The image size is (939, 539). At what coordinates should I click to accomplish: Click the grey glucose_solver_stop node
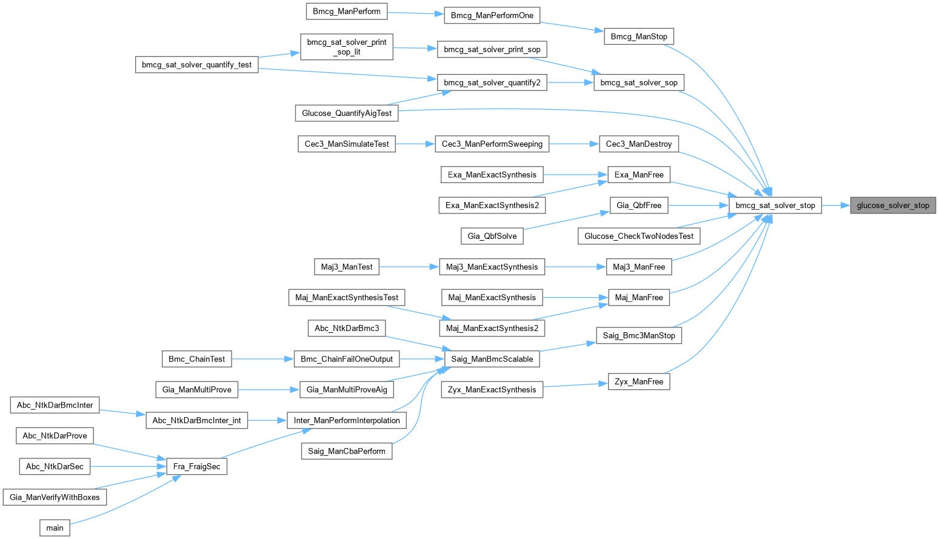pos(893,206)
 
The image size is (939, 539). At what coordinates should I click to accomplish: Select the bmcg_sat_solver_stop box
pos(775,206)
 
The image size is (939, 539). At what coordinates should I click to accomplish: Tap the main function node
pos(55,528)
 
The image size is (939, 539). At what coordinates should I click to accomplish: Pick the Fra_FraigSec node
pos(196,466)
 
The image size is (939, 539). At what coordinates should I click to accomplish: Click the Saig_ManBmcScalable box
pos(492,359)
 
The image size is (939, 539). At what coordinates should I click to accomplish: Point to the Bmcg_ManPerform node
pos(347,12)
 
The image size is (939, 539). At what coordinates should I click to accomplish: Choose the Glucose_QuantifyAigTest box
pos(347,113)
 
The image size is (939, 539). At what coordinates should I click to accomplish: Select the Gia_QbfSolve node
pos(492,236)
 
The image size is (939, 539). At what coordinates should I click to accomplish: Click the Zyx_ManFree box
pos(639,381)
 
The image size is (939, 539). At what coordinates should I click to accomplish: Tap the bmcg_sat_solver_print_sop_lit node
pos(347,47)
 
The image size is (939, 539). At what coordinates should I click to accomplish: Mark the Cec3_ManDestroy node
pos(639,144)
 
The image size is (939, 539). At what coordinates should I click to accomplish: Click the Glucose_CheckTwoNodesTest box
pos(639,236)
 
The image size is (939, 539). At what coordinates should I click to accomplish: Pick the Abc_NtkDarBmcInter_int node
pos(197,420)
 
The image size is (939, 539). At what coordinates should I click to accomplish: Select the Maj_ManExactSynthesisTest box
pos(347,298)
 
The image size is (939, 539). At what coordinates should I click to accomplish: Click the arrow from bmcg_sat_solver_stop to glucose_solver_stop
pos(835,206)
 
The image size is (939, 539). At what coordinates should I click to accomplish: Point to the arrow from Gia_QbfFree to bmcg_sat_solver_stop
pos(698,206)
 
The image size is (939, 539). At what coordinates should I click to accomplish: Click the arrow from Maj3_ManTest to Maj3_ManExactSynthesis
pos(409,267)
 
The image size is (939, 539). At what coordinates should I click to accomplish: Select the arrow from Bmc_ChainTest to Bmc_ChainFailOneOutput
pos(262,359)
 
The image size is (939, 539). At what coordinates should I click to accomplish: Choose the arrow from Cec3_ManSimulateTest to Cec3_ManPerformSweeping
pos(415,144)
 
